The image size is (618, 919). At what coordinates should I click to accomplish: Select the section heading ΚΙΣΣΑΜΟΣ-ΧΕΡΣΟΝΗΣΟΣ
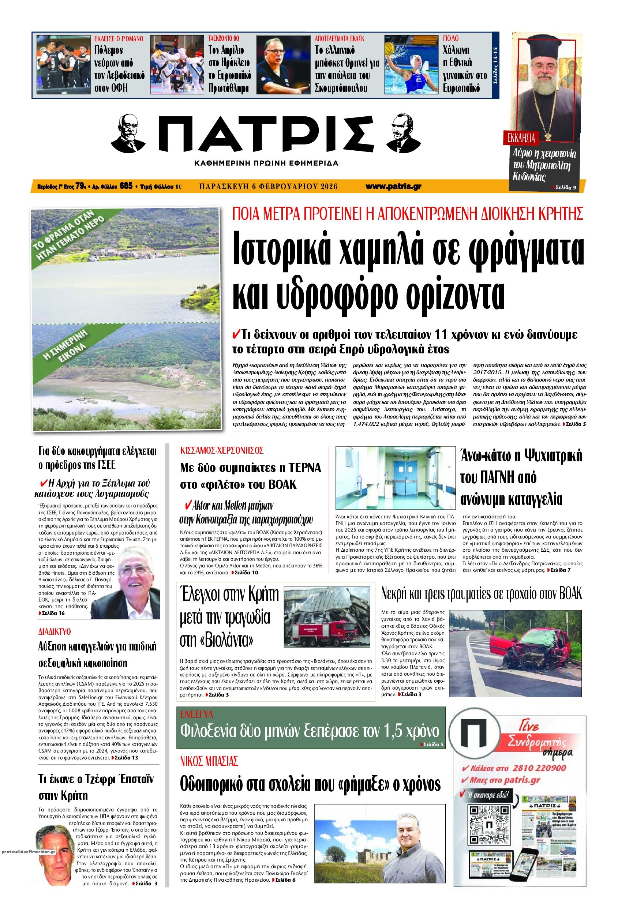coord(222,450)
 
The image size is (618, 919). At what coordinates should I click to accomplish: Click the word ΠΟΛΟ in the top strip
coord(450,39)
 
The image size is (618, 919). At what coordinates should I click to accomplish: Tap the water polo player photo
coord(411,64)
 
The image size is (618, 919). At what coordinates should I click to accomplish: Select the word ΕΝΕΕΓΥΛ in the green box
coord(196,714)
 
